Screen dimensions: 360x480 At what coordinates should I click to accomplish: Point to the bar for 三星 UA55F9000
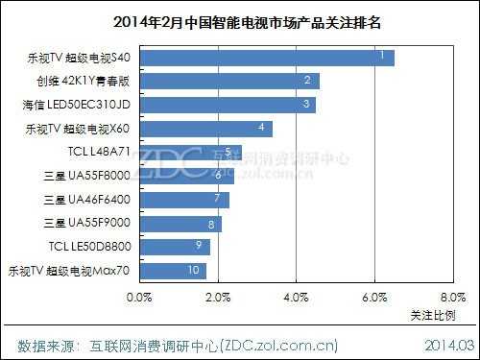[x=181, y=224]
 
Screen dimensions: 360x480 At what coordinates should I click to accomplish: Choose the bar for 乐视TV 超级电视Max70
[x=174, y=271]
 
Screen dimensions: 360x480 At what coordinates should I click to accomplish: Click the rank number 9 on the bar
[x=197, y=246]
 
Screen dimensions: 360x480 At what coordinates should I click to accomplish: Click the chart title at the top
[x=239, y=19]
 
